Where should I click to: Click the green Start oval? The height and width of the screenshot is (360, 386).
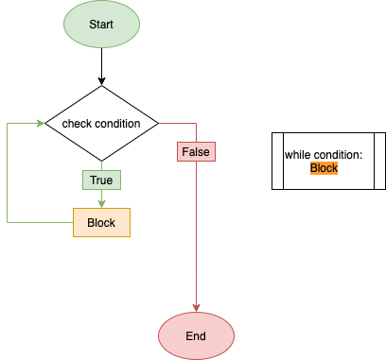pyautogui.click(x=101, y=24)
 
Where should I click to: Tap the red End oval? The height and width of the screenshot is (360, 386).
pyautogui.click(x=196, y=335)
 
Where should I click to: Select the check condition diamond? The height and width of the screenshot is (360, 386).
pyautogui.click(x=101, y=124)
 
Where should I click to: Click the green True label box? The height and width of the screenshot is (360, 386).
pyautogui.click(x=101, y=179)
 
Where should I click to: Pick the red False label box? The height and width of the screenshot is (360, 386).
pyautogui.click(x=196, y=151)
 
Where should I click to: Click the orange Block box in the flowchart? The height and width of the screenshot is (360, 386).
pyautogui.click(x=101, y=222)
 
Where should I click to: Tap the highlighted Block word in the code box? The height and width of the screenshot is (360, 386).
pyautogui.click(x=324, y=167)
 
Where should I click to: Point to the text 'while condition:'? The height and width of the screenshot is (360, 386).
pyautogui.click(x=324, y=155)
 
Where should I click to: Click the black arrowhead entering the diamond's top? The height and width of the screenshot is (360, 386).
pyautogui.click(x=101, y=81)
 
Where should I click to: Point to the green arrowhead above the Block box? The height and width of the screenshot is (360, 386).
pyautogui.click(x=101, y=203)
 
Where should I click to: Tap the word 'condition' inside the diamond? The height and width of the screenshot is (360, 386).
pyautogui.click(x=117, y=124)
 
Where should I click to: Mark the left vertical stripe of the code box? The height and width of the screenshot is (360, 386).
pyautogui.click(x=276, y=162)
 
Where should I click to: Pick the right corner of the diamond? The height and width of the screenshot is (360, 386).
pyautogui.click(x=156, y=124)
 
